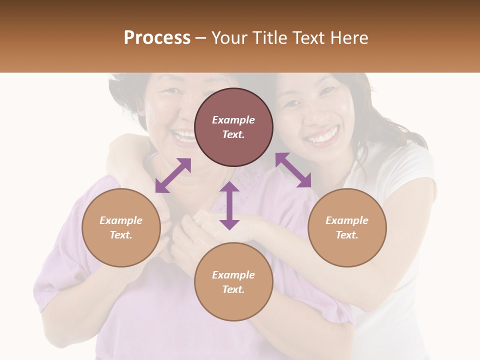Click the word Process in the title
(157, 38)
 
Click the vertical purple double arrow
(229, 205)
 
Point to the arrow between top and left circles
(173, 175)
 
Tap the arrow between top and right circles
(293, 170)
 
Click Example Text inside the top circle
(233, 127)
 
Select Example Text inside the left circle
(121, 227)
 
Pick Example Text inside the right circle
(347, 227)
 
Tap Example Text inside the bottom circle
(233, 282)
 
